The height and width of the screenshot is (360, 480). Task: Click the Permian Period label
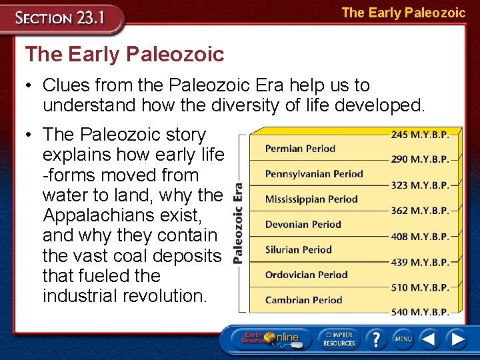click(300, 149)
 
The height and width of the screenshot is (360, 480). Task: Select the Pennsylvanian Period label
click(314, 174)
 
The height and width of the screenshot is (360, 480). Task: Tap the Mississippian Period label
click(311, 199)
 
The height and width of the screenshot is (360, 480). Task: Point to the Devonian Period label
click(303, 225)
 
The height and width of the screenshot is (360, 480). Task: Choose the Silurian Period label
click(298, 250)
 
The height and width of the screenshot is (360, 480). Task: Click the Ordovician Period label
click(306, 275)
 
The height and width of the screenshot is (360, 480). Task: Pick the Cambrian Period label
click(303, 300)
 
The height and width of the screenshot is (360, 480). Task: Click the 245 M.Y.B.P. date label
click(420, 135)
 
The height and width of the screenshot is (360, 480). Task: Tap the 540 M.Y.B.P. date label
click(420, 311)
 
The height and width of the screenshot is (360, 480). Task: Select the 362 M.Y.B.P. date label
click(420, 211)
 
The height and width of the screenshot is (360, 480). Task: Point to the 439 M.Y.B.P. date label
click(420, 262)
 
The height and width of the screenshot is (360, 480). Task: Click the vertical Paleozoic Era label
click(239, 223)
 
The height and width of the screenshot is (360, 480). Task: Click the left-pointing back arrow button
click(429, 339)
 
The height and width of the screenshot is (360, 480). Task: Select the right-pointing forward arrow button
click(458, 339)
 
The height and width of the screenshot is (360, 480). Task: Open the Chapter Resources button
click(338, 339)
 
